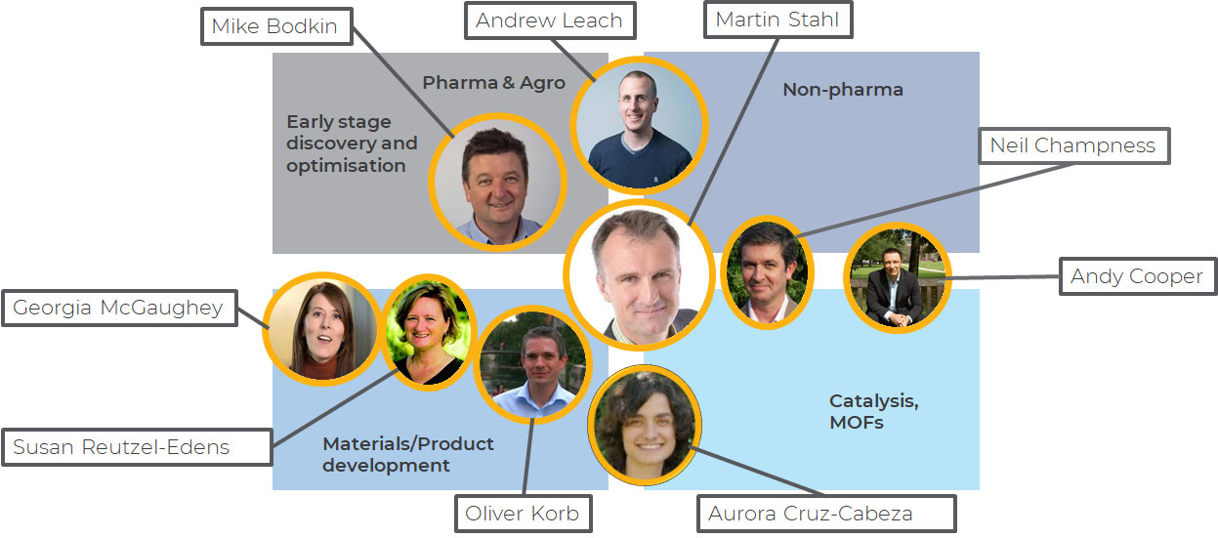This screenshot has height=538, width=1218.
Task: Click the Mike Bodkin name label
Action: point(274,26)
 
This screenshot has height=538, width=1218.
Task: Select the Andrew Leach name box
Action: point(549,21)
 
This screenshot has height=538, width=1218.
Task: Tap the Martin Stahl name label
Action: point(777,20)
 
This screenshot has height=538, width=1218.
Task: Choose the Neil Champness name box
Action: point(1072,146)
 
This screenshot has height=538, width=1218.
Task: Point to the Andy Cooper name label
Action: point(1136,276)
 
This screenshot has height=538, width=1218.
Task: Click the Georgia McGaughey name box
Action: point(118,310)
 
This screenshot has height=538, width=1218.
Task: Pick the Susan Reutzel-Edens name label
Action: point(121,448)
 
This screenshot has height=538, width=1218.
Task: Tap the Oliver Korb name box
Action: point(523,514)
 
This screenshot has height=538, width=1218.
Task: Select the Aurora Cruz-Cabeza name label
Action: point(825,514)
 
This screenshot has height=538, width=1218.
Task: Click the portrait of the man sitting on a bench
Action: point(897,279)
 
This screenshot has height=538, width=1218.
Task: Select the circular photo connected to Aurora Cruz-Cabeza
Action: point(645,421)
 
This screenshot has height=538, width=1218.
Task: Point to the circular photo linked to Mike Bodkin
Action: point(499,183)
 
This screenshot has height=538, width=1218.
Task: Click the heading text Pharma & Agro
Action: point(493,83)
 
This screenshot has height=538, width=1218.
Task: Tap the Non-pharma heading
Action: point(843,90)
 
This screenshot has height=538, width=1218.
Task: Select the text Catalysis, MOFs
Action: point(873,411)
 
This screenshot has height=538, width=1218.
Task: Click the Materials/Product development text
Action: point(407,454)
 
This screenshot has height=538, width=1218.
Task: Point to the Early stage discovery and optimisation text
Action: point(352,144)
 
